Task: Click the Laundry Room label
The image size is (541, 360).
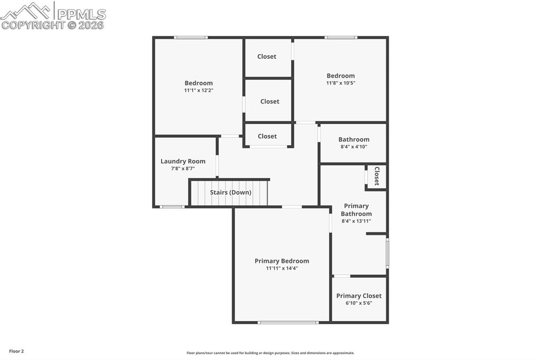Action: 183,162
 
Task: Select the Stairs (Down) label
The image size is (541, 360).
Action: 230,193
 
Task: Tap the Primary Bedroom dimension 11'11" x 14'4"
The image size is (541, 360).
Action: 282,269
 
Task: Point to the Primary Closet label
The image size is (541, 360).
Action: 359,296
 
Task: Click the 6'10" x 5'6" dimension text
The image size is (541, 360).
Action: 359,304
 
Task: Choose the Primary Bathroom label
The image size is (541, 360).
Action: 356,210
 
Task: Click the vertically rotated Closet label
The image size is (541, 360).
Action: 377,176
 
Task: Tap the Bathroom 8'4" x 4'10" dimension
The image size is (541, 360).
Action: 353,147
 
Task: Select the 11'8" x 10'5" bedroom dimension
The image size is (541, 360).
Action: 340,83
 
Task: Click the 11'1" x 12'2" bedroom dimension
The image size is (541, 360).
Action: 199,90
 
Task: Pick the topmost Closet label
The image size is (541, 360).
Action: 267,56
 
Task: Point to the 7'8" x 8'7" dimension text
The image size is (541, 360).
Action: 183,169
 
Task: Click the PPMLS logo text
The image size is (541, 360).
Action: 81,14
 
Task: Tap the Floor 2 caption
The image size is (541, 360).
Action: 16,351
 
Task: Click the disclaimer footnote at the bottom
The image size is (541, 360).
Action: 270,353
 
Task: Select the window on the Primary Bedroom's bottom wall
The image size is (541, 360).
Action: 288,322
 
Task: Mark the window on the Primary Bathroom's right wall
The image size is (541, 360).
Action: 387,253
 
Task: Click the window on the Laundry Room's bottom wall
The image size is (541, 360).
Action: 172,207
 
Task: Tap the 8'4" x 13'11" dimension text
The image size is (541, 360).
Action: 356,221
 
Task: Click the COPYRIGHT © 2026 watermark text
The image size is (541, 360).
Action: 53,25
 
